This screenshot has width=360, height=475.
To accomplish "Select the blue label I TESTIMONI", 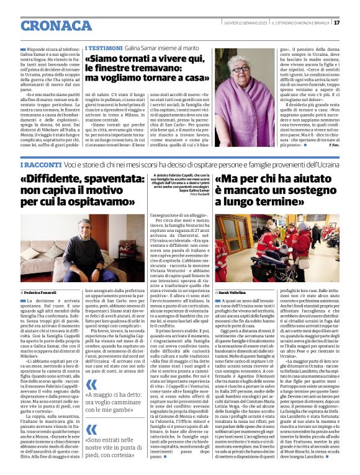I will [x=103, y=47].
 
